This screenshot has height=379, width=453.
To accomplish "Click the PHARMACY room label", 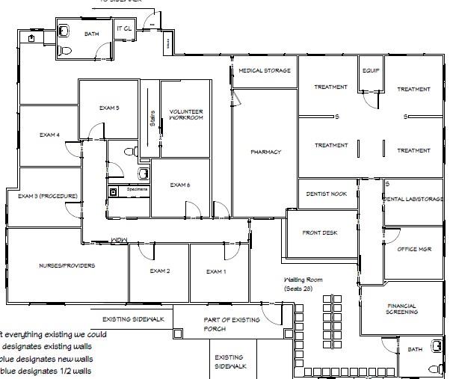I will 265,152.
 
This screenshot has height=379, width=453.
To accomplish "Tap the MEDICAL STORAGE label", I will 265,71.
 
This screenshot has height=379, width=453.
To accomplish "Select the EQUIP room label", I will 372,71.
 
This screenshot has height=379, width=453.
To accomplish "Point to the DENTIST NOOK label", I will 327,194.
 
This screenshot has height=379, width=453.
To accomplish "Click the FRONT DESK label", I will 319,233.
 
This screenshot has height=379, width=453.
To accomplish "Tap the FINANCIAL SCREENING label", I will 401,309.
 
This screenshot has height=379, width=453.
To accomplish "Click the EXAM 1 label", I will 215,271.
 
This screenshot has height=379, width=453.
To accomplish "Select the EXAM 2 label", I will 160,271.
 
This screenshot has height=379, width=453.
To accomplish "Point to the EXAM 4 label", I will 49,135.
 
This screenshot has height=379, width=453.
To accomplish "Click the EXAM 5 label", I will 109,108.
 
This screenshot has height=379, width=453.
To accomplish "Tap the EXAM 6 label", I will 180,185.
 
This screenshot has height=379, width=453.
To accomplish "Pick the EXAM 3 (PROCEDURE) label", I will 47,197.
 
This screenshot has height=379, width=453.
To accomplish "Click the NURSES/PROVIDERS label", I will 67,265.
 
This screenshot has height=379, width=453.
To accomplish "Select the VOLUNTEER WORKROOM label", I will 185,114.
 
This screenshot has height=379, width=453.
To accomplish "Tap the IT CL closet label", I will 124,30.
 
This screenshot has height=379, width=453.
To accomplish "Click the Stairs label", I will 152,118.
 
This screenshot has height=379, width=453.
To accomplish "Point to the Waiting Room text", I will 303,284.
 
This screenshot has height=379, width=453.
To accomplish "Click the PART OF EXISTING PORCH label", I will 232,324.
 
